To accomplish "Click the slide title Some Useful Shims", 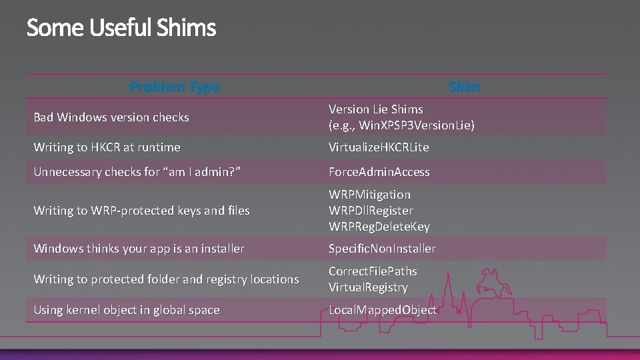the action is pos(121,28).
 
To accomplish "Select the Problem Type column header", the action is pos(174,87).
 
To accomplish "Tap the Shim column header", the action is pos(464,87).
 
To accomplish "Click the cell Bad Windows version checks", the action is pos(111,117).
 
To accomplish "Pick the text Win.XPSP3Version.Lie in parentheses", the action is pos(401,125).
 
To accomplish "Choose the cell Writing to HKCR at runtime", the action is pos(107,147).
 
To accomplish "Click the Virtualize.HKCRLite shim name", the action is pos(379,147).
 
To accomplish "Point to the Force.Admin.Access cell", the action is pos(379,172).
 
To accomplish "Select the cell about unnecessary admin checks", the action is pos(137,172).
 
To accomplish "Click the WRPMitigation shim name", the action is pos(369,195).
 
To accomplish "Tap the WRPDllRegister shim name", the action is pos(371,211).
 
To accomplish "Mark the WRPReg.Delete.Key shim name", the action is pos(379,227).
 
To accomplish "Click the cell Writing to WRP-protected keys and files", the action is pos(141,211).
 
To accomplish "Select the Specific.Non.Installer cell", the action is pos(382,249).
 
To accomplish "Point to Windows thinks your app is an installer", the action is pos(139,249).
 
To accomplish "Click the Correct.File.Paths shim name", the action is pos(373,271).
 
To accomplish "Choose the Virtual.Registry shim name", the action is pos(368,287).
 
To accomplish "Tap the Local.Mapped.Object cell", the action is pos(383,310).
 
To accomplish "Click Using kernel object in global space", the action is pos(127,310).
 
